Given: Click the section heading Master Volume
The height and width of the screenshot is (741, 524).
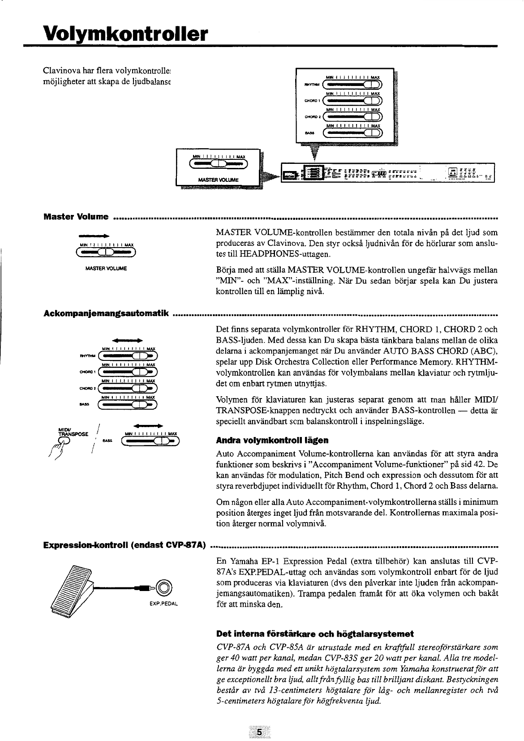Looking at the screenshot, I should point(76,217).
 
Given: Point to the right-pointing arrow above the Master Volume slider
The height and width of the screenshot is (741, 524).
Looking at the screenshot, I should point(94,235).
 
